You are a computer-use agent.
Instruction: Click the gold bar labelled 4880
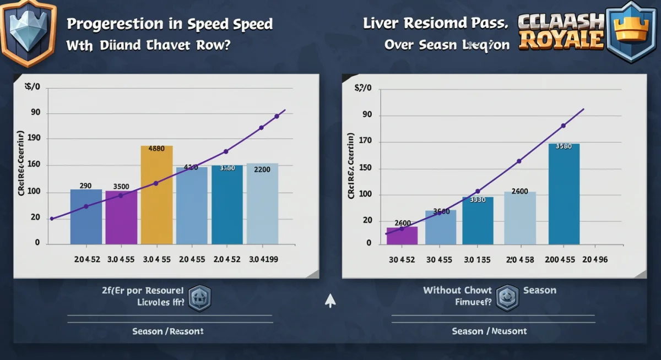pos(156,195)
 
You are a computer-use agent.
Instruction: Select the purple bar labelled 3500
pos(121,217)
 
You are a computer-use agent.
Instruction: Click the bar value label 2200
pos(262,170)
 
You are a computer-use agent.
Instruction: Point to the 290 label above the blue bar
pos(85,186)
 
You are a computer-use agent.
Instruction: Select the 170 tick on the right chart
pos(366,141)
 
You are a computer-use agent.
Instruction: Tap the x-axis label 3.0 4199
pos(264,259)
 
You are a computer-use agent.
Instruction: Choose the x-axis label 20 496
pos(595,259)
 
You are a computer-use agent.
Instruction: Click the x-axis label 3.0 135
pos(476,259)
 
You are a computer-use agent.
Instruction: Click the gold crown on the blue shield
pos(632,30)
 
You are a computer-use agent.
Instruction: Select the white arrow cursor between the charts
pos(330,301)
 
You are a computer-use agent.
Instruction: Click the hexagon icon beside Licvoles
pos(199,299)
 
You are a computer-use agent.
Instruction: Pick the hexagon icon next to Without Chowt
pos(507,297)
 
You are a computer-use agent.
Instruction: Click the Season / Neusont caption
pos(489,331)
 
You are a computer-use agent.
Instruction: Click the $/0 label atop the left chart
pos(33,86)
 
